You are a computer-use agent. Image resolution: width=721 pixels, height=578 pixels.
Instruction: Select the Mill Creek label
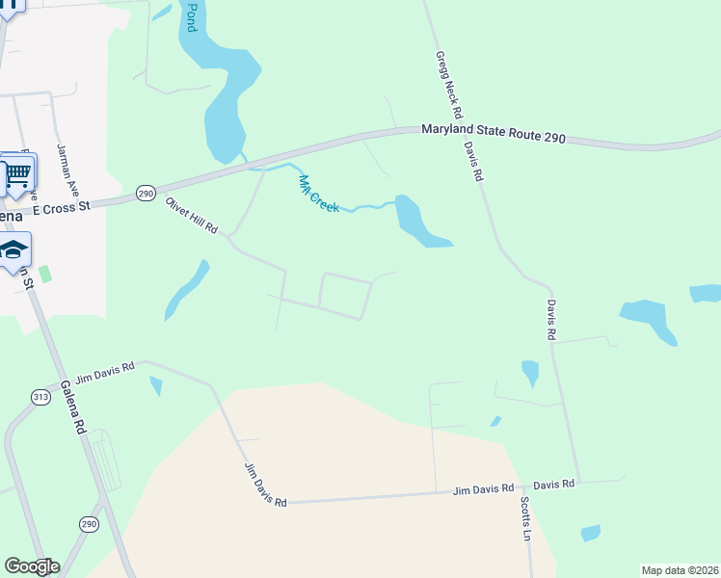(318, 194)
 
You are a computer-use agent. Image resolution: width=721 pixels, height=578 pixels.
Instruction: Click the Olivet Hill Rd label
(192, 216)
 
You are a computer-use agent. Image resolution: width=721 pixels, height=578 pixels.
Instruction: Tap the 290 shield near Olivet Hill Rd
(145, 193)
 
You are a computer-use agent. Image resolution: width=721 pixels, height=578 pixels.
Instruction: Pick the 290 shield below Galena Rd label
(89, 524)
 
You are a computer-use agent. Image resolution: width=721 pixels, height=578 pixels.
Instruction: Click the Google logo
(32, 566)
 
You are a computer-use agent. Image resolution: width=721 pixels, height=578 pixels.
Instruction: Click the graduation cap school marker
(14, 250)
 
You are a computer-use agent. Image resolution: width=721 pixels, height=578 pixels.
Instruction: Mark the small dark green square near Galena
(44, 274)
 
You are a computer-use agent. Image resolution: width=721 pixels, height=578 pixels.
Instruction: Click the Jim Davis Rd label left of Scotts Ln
(484, 489)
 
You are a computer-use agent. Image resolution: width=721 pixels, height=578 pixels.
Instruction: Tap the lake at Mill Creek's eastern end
(417, 221)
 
